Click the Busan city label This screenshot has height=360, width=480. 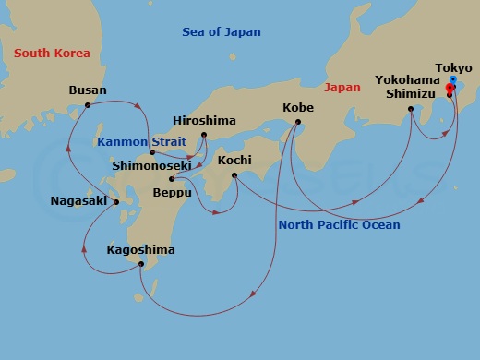[x=89, y=90]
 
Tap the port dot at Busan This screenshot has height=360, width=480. [x=88, y=105]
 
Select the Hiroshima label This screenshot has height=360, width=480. [x=205, y=121]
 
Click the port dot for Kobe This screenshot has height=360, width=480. [x=296, y=122]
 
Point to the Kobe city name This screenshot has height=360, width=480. [x=297, y=108]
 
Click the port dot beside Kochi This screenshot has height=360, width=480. [x=234, y=174]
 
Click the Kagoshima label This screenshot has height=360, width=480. [x=140, y=250]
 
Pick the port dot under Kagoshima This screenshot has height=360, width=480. [x=140, y=265]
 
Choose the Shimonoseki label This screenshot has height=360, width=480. [x=152, y=166]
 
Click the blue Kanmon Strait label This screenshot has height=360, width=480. [x=138, y=142]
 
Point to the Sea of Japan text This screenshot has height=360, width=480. [x=218, y=34]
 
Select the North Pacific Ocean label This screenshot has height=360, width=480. [x=340, y=225]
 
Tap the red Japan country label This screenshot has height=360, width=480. [x=343, y=87]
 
